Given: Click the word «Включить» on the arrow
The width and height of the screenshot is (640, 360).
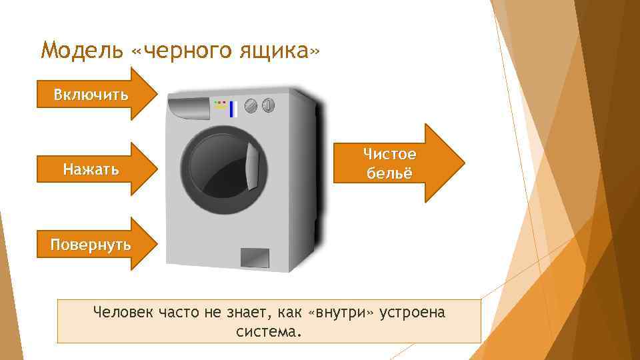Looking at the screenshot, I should pos(91,94).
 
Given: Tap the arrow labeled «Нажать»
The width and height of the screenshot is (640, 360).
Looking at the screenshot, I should pos(91,169).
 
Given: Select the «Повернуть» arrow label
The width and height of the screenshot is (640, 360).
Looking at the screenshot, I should pos(91,244).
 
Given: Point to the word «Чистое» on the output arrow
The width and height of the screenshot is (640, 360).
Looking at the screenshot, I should pos(389,154).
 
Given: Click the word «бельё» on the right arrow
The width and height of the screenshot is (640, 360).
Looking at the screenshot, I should pos(389,173).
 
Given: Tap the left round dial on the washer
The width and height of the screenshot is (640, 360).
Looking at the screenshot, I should pos(251,105).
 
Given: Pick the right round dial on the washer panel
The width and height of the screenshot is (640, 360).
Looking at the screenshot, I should pos(267,105).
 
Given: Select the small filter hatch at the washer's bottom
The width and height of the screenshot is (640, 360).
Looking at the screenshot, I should pos(254,257).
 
